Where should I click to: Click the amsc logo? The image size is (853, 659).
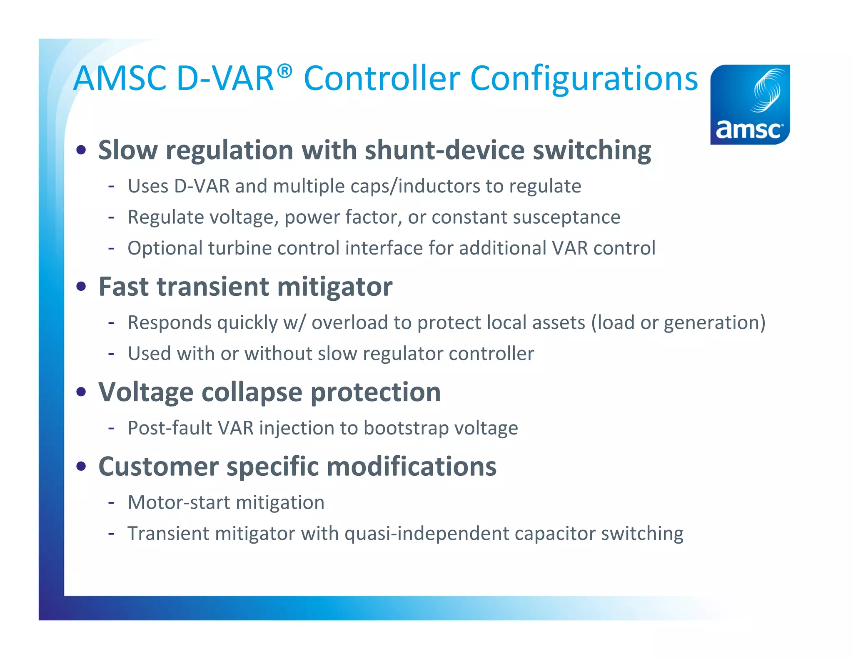coord(750,105)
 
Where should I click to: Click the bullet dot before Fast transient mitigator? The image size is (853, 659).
coord(82,287)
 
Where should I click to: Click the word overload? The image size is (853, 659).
coord(350,322)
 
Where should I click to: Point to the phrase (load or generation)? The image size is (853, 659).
coord(678,322)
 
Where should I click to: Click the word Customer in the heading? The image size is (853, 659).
coord(158,467)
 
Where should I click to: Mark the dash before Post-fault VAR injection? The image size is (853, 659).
coord(111,428)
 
